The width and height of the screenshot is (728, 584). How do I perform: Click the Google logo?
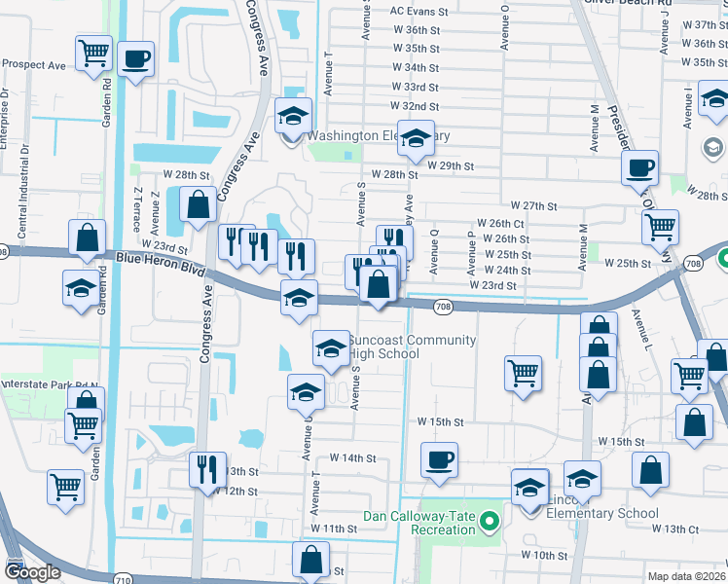32,573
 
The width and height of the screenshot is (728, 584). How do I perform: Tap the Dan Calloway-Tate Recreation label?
420,522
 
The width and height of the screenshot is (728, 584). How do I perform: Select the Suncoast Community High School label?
413,347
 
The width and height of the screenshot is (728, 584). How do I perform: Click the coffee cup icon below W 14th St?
440,458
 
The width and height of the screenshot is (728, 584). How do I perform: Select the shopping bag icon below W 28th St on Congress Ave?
199,204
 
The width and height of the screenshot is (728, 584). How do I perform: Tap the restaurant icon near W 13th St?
207,469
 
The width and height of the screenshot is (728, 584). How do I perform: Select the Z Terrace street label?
139,203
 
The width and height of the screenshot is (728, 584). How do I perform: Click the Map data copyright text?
686,576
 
